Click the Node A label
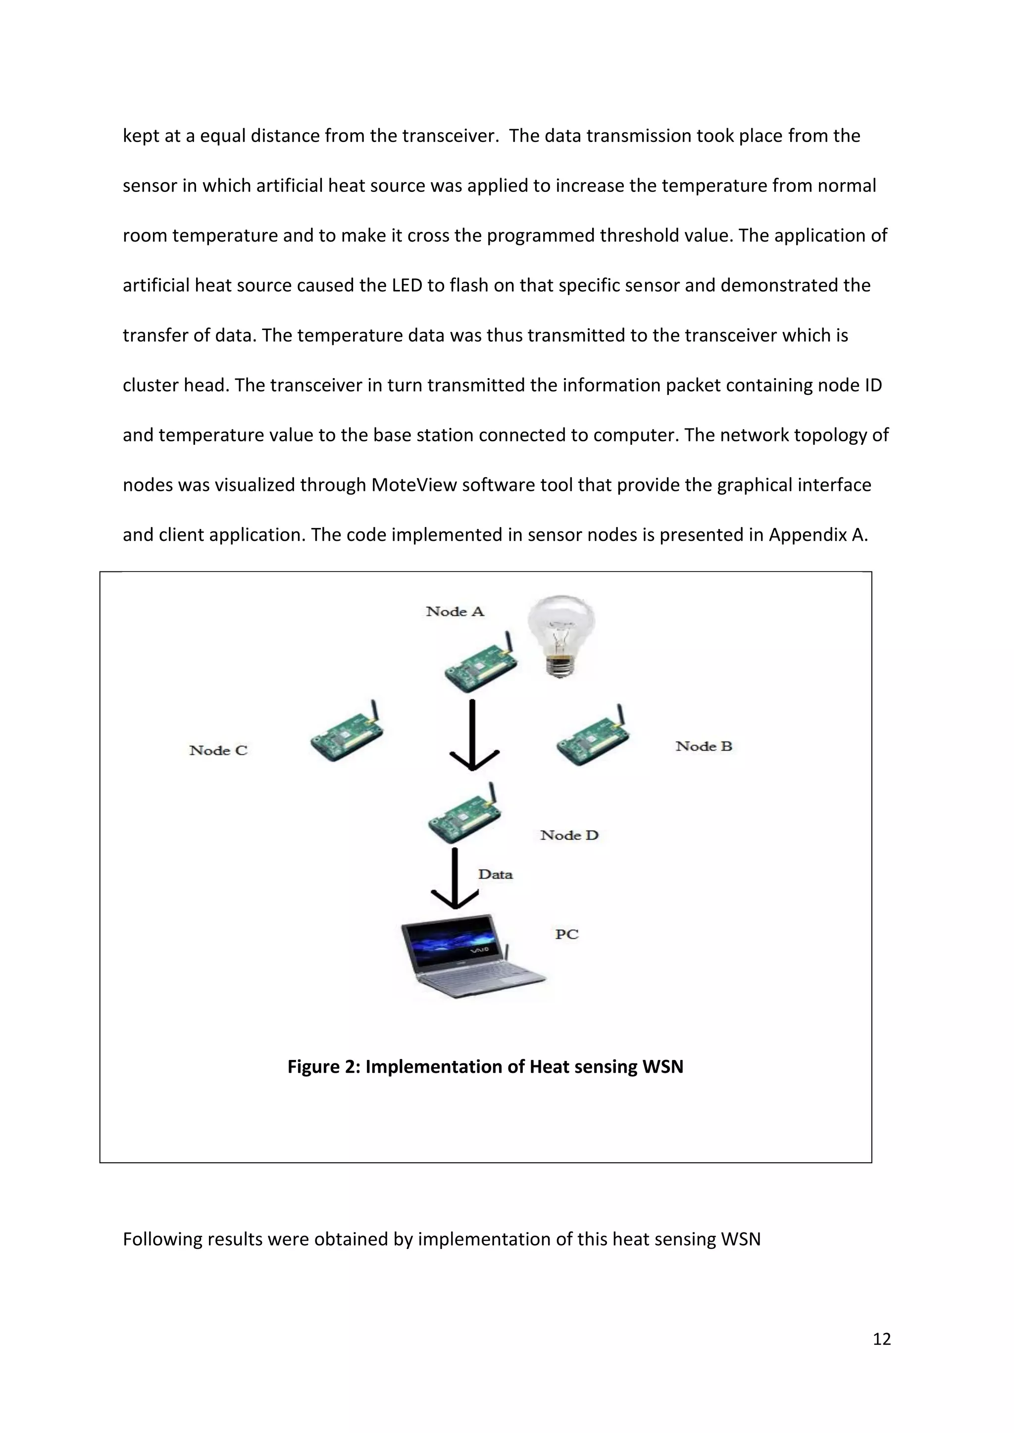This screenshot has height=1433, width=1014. coord(455,612)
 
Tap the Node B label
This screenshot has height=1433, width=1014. coord(704,747)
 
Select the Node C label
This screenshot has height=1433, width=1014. coord(218,751)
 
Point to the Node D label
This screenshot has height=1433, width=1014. coord(569,836)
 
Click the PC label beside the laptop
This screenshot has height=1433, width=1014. coord(567,934)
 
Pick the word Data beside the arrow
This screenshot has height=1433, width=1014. coord(495,875)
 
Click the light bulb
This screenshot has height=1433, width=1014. coord(560,633)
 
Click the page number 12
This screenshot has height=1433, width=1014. coord(881,1339)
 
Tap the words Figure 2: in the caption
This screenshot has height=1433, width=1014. coord(323,1067)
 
